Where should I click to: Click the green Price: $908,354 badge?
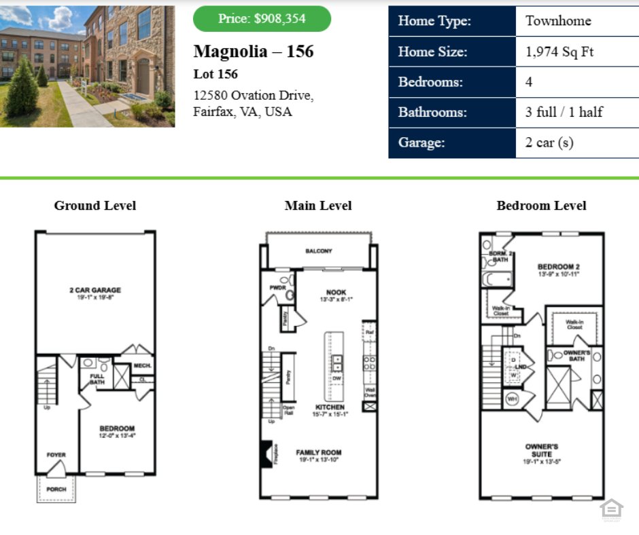point(262,19)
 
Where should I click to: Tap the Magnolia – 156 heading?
point(253,52)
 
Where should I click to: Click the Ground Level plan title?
point(95,206)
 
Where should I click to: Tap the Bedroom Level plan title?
point(541,206)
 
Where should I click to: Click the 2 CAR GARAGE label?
point(95,291)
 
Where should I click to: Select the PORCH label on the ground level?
point(56,489)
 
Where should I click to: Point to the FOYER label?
point(56,455)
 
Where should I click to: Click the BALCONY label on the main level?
point(318,251)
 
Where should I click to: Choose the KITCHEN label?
point(330,407)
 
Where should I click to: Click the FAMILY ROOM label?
point(318,452)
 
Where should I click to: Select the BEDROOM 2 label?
point(558,267)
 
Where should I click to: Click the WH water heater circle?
point(511,399)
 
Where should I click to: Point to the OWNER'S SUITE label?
point(542,450)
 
